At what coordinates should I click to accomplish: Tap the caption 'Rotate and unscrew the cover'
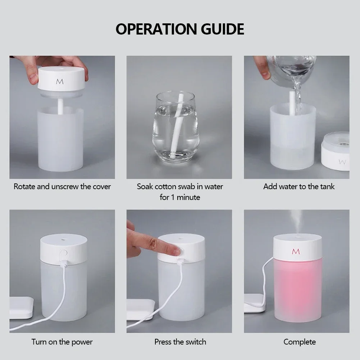(62, 187)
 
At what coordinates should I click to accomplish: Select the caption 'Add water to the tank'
(299, 187)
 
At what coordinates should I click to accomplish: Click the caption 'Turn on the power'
(62, 342)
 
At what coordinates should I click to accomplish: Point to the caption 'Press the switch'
(180, 342)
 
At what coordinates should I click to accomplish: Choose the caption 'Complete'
(300, 342)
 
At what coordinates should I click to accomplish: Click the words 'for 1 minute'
(180, 197)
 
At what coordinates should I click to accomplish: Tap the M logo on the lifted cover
(60, 82)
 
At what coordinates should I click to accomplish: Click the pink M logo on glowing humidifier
(296, 251)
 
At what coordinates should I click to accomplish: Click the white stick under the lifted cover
(60, 104)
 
